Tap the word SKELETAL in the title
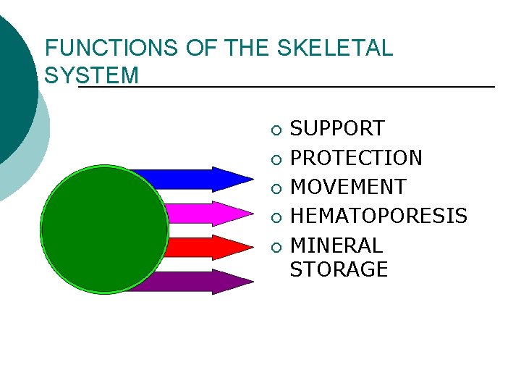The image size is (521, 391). (334, 49)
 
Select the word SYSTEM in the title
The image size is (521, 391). (91, 75)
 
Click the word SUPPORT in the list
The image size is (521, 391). (336, 129)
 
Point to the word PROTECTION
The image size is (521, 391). (356, 158)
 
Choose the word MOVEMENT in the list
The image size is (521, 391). (348, 187)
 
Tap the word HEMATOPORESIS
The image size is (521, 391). (378, 216)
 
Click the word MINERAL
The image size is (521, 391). (336, 245)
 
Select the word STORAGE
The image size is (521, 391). (339, 269)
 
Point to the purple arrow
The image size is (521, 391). (195, 282)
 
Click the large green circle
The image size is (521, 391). (105, 230)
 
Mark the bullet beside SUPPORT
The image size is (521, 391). (275, 131)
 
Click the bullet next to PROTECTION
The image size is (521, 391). (275, 160)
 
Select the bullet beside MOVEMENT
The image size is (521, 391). (275, 189)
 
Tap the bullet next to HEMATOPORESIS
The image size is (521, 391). (275, 218)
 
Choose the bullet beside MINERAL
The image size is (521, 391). (275, 248)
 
